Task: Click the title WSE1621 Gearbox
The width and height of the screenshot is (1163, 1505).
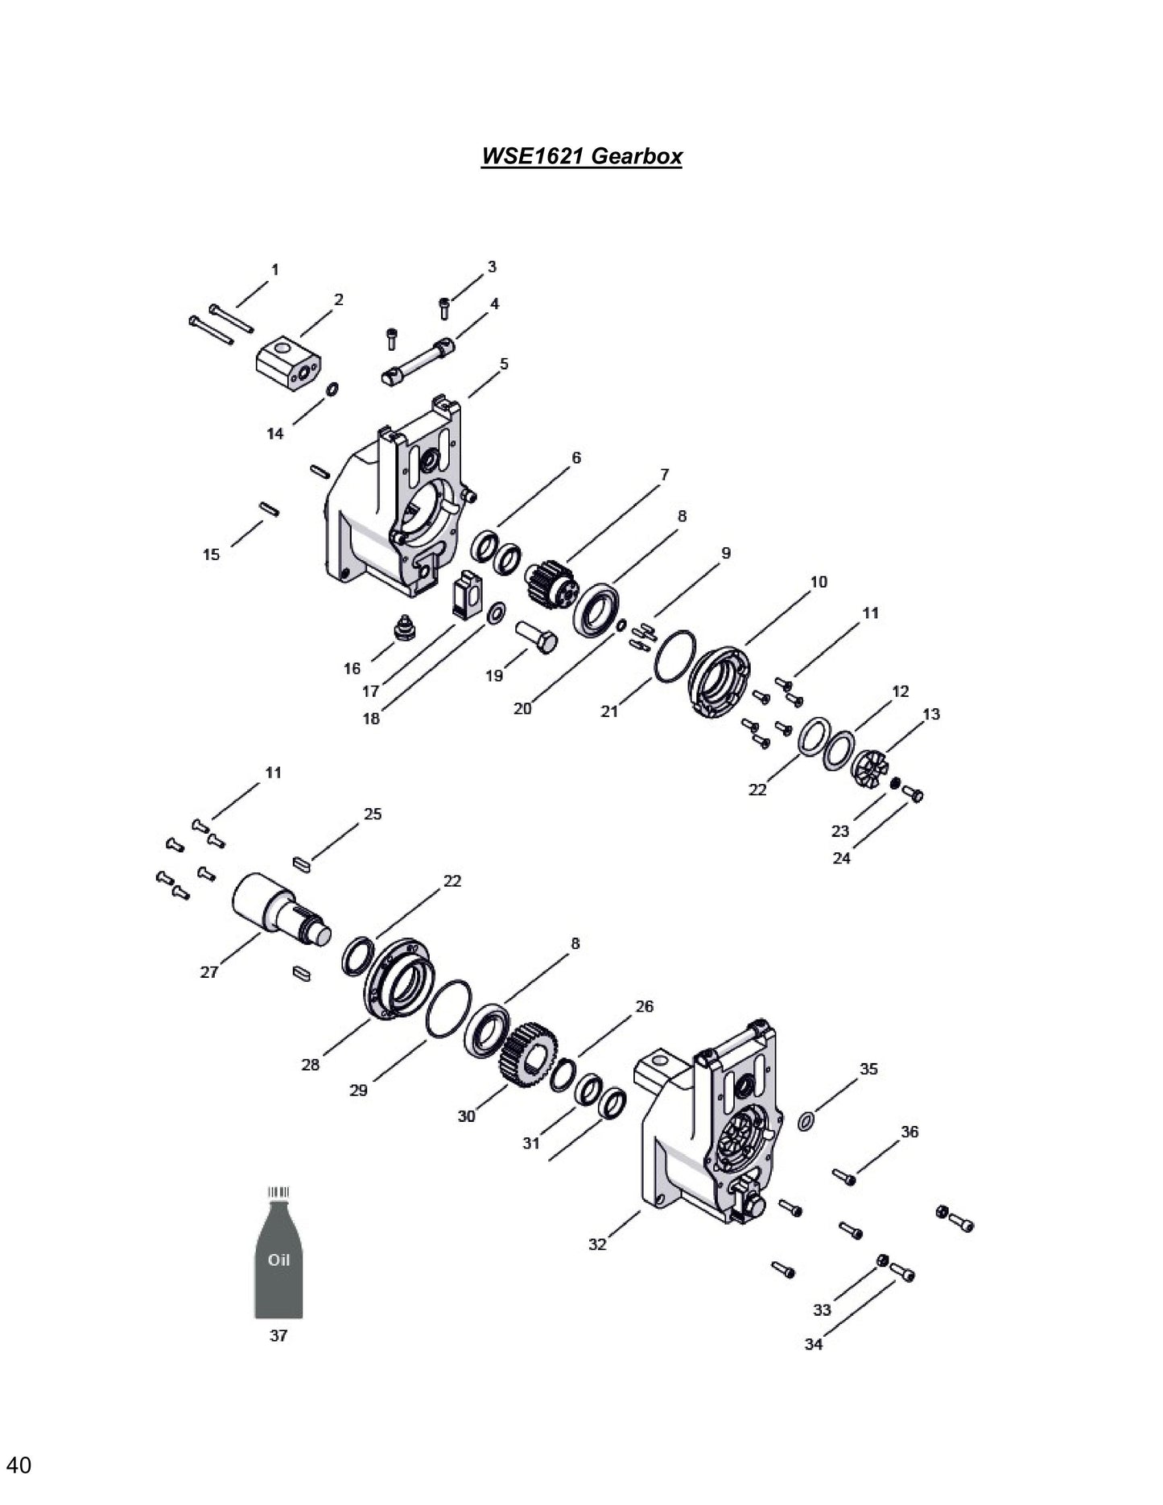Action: [x=581, y=155]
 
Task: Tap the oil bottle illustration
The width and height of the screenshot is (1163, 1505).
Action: [x=278, y=1264]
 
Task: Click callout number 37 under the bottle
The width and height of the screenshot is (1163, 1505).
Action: [x=278, y=1336]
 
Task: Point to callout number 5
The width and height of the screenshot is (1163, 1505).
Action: [x=504, y=364]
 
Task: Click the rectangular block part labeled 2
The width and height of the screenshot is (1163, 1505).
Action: [x=287, y=364]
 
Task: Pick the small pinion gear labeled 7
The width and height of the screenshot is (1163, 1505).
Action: [x=551, y=585]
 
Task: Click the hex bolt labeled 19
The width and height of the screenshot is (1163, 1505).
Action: [x=538, y=638]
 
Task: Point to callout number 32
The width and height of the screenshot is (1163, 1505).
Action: [x=597, y=1244]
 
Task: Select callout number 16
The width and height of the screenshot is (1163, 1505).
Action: [x=353, y=669]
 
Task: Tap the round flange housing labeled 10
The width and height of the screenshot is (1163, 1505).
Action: [x=720, y=680]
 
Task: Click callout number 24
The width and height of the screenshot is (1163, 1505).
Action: [x=841, y=859]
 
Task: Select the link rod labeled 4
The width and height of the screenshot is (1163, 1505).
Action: [x=419, y=362]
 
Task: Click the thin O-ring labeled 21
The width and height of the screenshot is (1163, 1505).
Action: [x=674, y=656]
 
